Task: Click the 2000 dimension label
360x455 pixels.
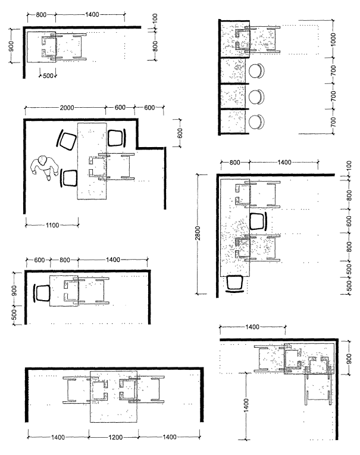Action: pyautogui.click(x=67, y=108)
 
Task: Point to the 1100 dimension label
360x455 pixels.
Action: pyautogui.click(x=52, y=225)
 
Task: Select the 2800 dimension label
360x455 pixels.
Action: pyautogui.click(x=198, y=233)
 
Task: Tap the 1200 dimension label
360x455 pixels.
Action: pyautogui.click(x=115, y=437)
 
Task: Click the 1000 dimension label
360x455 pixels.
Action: pyautogui.click(x=333, y=39)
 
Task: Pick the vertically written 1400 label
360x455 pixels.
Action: pyautogui.click(x=246, y=406)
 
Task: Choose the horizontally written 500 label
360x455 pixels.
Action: pyautogui.click(x=48, y=76)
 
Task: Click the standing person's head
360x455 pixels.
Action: pyautogui.click(x=43, y=160)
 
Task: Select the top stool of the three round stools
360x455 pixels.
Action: pyautogui.click(x=257, y=71)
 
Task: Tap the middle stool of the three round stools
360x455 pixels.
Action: pyautogui.click(x=257, y=96)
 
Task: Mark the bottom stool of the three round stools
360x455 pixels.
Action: pyautogui.click(x=257, y=122)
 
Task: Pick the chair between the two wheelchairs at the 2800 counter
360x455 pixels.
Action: pyautogui.click(x=258, y=222)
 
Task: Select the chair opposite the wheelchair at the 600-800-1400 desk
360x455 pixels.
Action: pyautogui.click(x=42, y=293)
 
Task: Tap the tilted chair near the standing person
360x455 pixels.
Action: pyautogui.click(x=67, y=140)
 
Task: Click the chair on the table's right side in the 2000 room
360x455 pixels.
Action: pyautogui.click(x=117, y=138)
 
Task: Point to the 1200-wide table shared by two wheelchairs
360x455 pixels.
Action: pyautogui.click(x=113, y=397)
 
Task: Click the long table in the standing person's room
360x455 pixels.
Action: pyautogui.click(x=92, y=161)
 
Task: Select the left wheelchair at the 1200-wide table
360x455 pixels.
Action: pyautogui.click(x=86, y=389)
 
